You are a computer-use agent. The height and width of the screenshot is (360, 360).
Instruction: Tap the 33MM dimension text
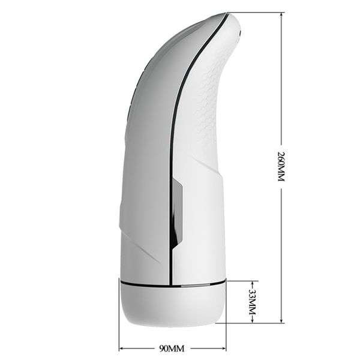[x=252, y=301]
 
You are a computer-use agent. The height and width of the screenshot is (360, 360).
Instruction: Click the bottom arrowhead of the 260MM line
[x=280, y=320]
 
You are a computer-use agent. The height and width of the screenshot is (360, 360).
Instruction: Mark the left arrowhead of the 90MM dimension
[x=122, y=348]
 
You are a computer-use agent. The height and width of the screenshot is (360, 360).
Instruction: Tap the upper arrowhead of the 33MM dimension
[x=252, y=283]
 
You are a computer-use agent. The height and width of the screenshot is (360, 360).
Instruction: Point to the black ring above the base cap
[x=172, y=281]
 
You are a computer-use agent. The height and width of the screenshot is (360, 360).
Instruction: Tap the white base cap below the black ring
[x=172, y=303]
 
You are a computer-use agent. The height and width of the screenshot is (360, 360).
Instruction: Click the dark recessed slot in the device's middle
[x=176, y=213]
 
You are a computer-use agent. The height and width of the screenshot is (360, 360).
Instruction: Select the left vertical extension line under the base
[x=119, y=336]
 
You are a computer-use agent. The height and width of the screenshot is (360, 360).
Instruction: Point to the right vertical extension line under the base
[x=226, y=336]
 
